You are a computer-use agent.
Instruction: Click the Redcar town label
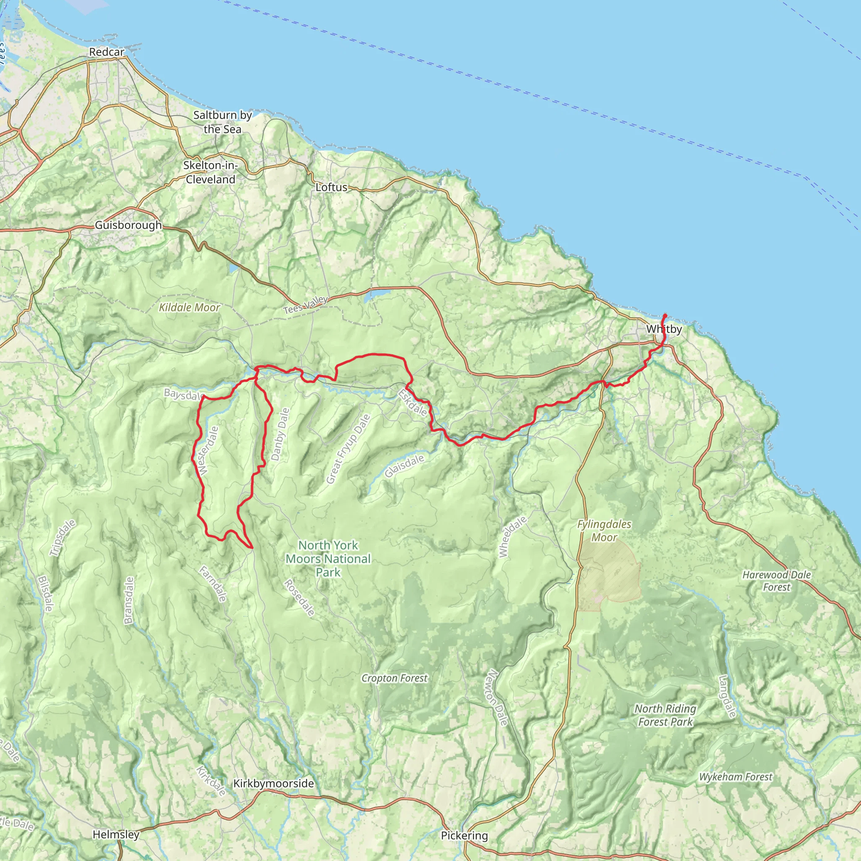106,52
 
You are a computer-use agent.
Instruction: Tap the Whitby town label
663,329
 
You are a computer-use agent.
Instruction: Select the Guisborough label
128,225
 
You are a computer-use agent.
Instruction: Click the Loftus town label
331,187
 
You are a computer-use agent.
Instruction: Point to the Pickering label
465,836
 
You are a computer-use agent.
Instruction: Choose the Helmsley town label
116,834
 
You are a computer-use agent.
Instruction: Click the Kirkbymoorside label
274,784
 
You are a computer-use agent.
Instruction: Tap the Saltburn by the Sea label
222,122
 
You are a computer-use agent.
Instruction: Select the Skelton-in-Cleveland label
210,172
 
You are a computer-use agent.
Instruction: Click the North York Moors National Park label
328,559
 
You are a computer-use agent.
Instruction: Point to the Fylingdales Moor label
604,531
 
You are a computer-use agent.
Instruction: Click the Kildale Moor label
190,307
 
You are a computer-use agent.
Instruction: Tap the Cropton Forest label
394,678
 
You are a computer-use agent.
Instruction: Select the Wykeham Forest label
735,777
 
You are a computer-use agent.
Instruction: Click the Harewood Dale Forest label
776,581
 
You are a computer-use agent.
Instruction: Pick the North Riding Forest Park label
665,715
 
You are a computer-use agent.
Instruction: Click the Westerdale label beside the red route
209,451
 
